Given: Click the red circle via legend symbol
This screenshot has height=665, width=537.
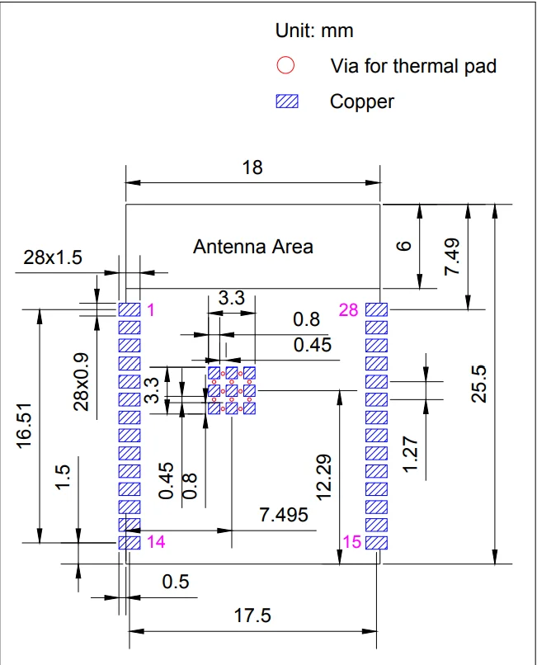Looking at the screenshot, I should [x=285, y=65].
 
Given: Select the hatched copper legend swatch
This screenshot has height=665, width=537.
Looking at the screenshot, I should [x=286, y=101].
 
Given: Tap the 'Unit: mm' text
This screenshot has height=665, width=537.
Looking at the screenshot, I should [x=313, y=31].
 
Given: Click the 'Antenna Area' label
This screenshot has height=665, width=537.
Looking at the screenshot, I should [x=252, y=246].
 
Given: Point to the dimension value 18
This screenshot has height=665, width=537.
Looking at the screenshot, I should [x=252, y=167].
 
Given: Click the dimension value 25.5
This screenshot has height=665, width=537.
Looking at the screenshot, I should [x=478, y=384].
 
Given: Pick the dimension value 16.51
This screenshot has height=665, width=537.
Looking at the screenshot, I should [x=25, y=426].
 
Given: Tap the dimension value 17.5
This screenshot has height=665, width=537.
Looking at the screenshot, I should [x=252, y=615].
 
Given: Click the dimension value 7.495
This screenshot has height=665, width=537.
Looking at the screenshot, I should [x=284, y=515].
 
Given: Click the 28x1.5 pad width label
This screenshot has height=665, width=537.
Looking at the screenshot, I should [x=53, y=257].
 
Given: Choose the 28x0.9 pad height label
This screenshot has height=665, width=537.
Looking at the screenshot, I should [x=82, y=381].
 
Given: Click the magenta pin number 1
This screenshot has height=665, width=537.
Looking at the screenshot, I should [x=150, y=310].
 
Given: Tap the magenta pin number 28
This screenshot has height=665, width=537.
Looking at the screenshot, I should [x=348, y=310].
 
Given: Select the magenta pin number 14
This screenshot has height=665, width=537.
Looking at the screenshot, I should [x=155, y=542].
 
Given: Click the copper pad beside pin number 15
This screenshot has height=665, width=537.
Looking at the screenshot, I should [x=376, y=543].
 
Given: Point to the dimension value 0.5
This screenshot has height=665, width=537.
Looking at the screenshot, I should [x=175, y=582].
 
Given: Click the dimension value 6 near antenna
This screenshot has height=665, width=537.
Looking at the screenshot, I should [x=403, y=246].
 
